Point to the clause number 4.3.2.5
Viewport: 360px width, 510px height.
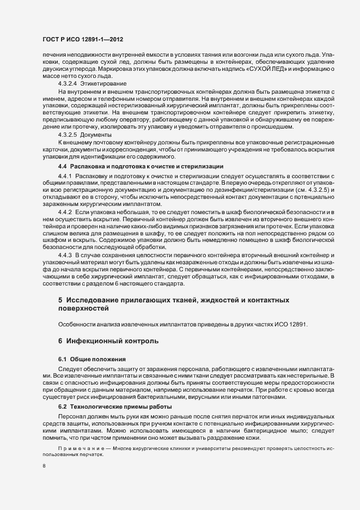coord(67,134)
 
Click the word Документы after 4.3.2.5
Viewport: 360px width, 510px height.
coord(96,134)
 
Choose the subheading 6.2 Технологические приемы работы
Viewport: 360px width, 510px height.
coord(115,408)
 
